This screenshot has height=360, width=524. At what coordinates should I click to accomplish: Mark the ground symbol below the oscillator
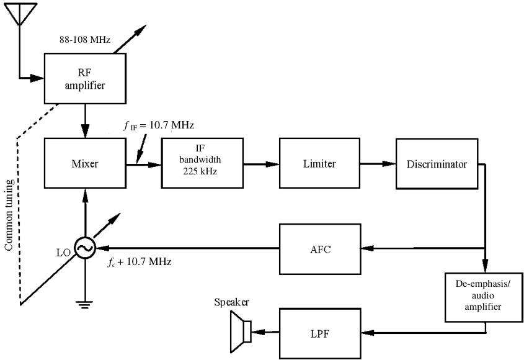[85, 304]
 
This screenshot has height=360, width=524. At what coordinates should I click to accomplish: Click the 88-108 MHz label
[85, 40]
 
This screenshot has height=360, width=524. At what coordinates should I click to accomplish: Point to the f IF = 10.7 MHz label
[159, 125]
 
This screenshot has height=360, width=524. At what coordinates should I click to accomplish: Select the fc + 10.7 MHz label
[140, 262]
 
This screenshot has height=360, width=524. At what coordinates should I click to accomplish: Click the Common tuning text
[9, 215]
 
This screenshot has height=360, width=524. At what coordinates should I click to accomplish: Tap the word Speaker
[231, 302]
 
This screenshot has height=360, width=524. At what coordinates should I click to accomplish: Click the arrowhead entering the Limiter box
[273, 164]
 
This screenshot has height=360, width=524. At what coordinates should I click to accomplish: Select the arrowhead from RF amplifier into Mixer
[85, 131]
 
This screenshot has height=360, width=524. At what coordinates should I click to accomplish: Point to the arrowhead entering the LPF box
[368, 333]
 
